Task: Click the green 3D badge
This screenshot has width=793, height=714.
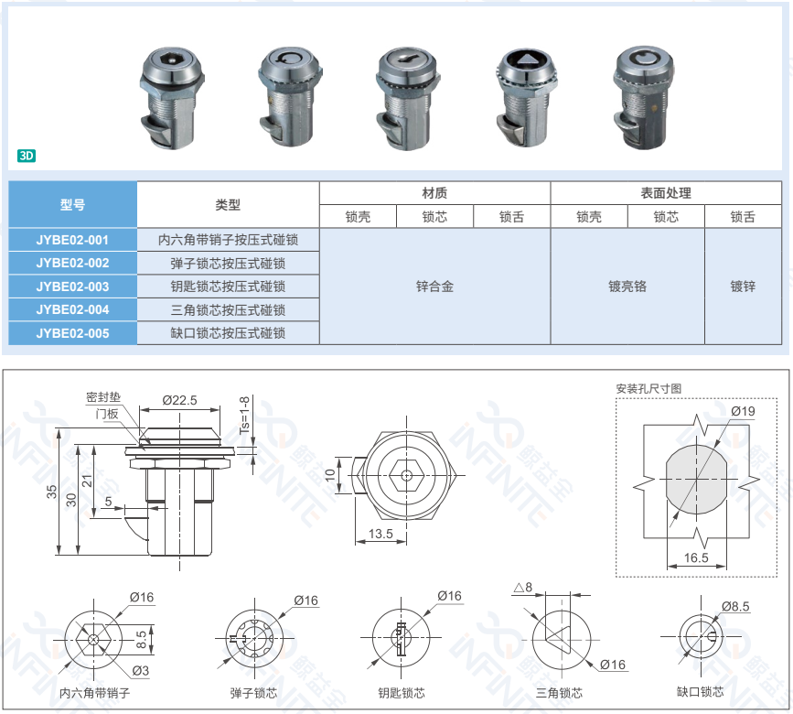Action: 27,156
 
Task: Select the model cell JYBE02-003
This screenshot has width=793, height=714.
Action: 73,287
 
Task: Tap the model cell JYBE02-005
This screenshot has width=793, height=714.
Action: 73,333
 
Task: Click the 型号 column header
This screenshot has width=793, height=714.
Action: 73,204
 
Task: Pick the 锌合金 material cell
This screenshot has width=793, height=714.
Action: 435,287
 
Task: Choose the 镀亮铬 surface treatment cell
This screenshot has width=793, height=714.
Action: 627,287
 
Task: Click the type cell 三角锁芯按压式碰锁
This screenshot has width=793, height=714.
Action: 228,309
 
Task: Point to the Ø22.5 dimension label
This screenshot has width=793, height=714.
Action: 179,400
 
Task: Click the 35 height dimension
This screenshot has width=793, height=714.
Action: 51,492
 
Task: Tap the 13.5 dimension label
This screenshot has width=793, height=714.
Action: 380,534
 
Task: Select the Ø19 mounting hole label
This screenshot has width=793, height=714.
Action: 743,411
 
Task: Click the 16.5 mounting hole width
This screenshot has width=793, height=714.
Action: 696,557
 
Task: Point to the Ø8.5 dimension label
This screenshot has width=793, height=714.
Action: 735,606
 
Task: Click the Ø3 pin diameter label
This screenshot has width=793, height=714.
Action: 140,671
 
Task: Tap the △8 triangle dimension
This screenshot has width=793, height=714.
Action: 523,588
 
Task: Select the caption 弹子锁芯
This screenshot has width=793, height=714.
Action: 253,693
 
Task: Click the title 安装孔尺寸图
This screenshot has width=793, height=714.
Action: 648,389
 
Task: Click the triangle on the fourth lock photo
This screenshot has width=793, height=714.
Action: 526,60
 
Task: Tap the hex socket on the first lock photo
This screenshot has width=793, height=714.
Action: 171,61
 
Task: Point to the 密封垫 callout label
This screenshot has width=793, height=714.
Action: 103,397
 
